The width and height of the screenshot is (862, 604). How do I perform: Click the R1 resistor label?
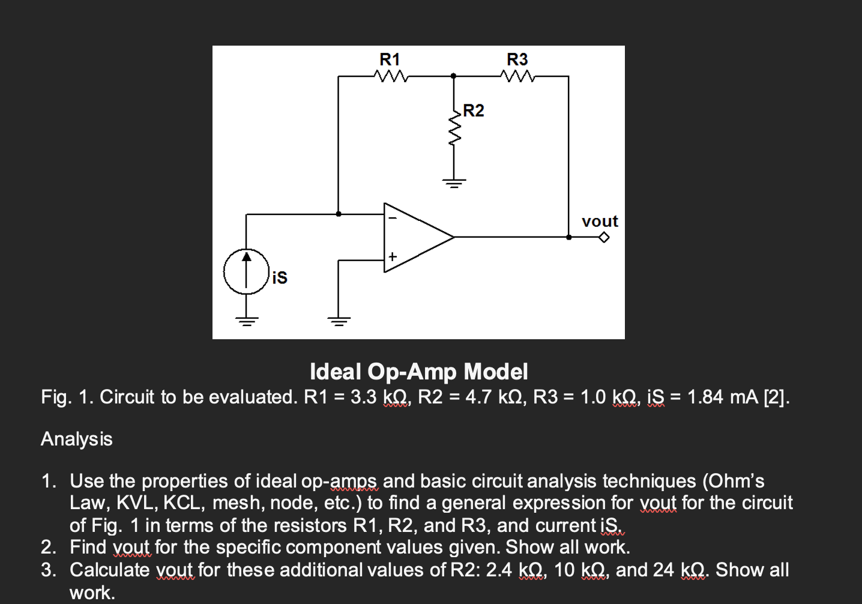(x=390, y=59)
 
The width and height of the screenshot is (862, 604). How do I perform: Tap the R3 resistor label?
(x=517, y=59)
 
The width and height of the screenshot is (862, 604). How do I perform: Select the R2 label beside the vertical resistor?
(x=473, y=110)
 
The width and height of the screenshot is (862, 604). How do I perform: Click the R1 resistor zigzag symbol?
(x=391, y=76)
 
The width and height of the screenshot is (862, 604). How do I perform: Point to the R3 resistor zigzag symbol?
(x=517, y=76)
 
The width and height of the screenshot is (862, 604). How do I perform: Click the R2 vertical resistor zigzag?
(x=454, y=129)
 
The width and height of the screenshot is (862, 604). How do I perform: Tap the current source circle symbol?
(x=246, y=271)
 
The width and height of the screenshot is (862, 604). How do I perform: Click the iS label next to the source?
(x=280, y=277)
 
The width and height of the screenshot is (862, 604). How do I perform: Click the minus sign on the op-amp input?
(x=392, y=218)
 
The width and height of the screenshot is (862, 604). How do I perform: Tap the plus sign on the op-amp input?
(x=392, y=256)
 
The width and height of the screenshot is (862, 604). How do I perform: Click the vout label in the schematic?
(x=600, y=222)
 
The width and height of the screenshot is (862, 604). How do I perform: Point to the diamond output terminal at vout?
(x=604, y=237)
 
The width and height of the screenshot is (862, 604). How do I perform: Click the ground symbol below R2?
(x=454, y=183)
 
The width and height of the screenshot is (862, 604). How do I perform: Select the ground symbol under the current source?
(x=246, y=320)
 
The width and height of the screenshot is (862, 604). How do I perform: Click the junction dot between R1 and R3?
(x=454, y=76)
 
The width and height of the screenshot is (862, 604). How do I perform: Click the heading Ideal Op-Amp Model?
(x=418, y=372)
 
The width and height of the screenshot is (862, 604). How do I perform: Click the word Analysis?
(x=77, y=439)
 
